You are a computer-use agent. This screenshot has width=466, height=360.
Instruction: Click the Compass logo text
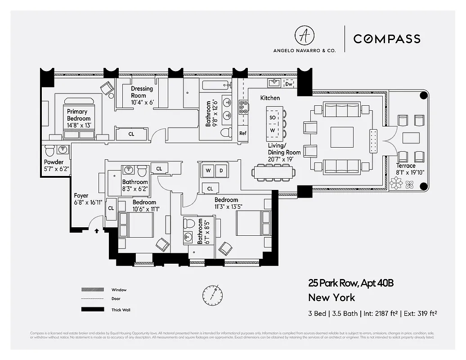tap(387, 39)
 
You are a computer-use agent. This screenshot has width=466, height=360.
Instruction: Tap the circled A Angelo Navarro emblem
tap(304, 36)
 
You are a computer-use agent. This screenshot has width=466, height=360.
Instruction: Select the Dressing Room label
tap(142, 92)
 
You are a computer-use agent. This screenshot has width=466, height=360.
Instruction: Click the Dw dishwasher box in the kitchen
tap(289, 84)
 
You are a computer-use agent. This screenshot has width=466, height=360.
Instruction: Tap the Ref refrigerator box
tap(243, 133)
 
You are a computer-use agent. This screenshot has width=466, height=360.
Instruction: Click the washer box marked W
tap(208, 171)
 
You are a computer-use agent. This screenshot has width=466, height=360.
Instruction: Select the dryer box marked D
tap(221, 171)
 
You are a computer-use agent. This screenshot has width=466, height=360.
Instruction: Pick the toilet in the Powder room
tap(50, 149)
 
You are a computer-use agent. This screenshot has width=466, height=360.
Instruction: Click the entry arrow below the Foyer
tap(97, 232)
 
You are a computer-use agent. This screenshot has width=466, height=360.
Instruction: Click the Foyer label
tap(81, 196)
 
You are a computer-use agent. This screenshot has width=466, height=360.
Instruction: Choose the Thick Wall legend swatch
tap(90, 310)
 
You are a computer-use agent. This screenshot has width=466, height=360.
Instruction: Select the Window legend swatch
tap(90, 290)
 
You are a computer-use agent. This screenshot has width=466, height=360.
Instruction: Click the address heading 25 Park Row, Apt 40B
tap(351, 283)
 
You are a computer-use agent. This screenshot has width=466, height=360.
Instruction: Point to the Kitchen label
tap(270, 98)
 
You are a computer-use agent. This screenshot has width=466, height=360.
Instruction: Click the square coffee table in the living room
tap(342, 137)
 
